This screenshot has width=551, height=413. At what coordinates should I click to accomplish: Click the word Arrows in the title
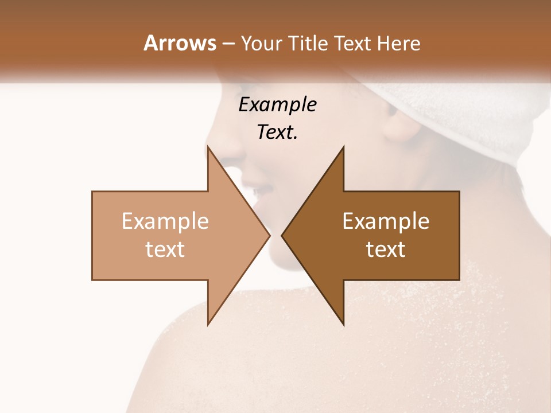coord(180,43)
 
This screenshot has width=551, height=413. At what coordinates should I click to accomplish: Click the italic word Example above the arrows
coord(277,104)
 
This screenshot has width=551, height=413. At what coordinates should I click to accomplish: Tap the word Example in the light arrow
coord(165,221)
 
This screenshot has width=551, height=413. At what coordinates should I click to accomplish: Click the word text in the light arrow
coord(165,250)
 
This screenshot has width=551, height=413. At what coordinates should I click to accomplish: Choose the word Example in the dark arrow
coord(386,221)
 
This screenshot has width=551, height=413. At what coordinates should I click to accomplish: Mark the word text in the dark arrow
coord(386,250)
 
